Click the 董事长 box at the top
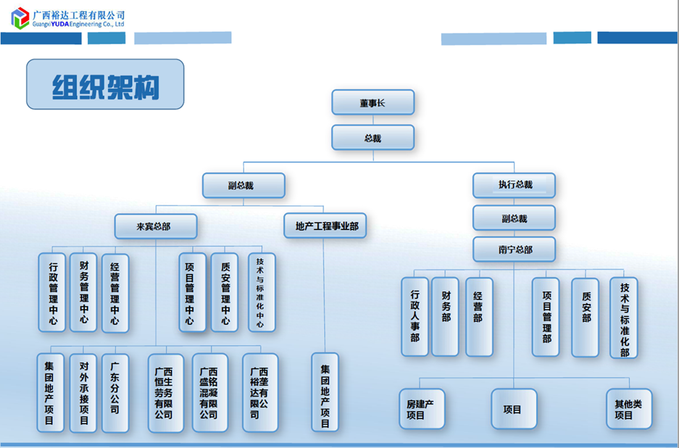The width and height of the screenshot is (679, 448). coord(372,102)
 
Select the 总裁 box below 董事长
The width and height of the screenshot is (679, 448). coord(372,138)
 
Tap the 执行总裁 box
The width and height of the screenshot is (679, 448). coord(514,185)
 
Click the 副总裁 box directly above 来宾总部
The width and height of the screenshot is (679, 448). coord(243,185)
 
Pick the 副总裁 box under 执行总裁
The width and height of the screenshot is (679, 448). coord(514,218)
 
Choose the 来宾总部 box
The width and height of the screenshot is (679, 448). coord(156,226)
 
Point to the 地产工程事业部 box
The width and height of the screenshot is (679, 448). coord(326,226)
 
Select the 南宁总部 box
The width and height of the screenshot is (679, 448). coord(514,250)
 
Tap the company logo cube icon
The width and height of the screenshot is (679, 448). coord(20,18)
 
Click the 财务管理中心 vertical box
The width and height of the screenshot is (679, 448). coord(83,292)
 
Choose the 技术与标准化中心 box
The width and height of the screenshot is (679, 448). coord(261,292)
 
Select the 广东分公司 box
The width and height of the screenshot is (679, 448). coord(115,392)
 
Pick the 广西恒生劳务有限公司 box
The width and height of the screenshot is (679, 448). coord(165,392)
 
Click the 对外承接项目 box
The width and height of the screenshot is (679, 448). coord(83,392)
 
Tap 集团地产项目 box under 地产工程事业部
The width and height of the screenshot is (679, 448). coord(325,392)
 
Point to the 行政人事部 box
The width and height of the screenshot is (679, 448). coord(415,317)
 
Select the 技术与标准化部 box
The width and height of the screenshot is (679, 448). coord(624,318)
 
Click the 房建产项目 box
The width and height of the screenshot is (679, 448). coord(422,409)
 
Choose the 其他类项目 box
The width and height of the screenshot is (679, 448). coord(628,409)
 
